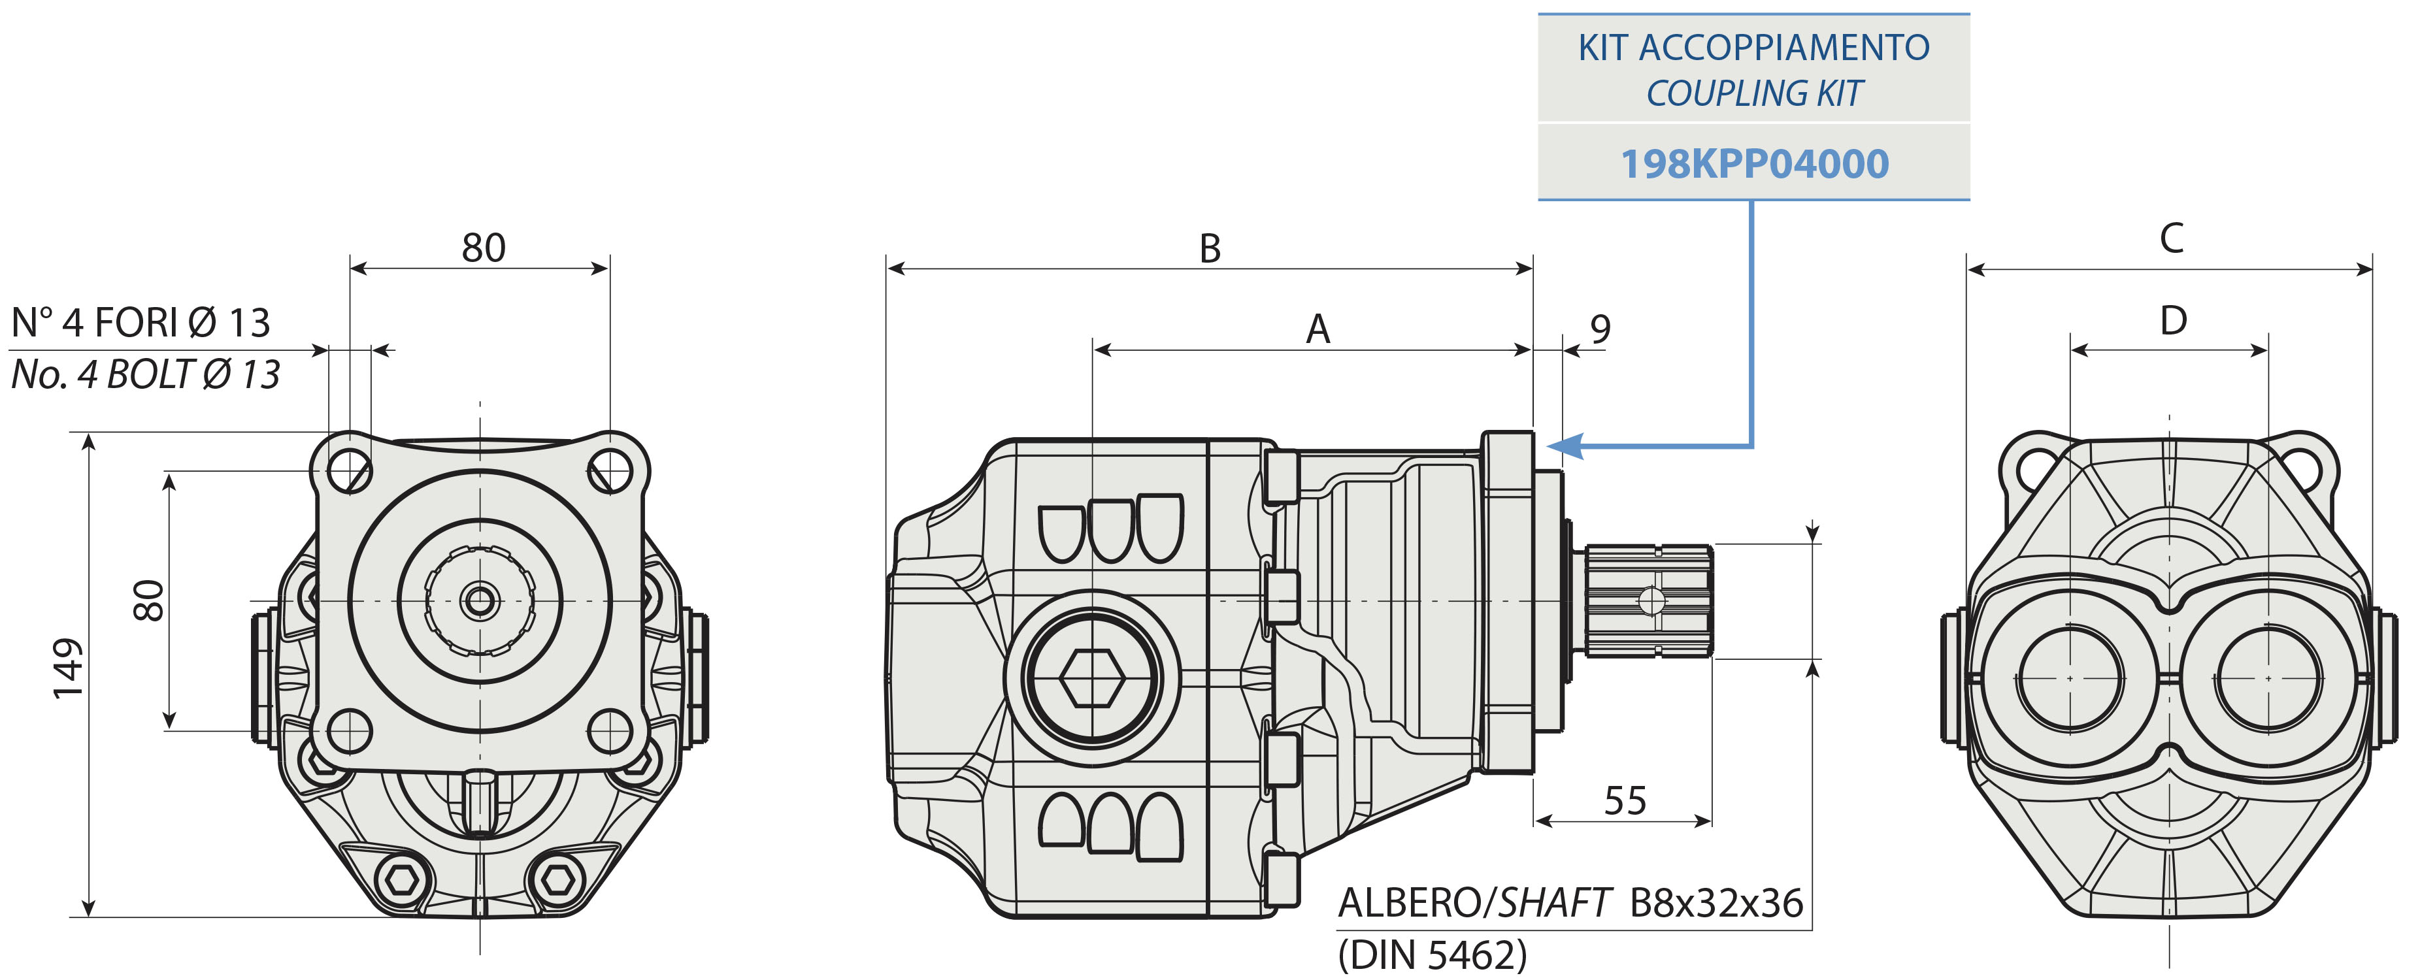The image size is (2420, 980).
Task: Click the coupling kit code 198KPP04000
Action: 1754,163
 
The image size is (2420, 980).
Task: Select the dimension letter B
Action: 1210,249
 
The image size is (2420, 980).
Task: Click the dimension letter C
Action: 2171,238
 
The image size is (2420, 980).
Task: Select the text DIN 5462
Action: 1432,956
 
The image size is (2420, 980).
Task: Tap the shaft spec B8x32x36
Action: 1716,903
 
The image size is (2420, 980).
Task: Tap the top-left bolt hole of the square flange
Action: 350,467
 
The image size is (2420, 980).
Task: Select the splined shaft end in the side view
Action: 1649,600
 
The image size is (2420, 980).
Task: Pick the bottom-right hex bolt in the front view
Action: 554,881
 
